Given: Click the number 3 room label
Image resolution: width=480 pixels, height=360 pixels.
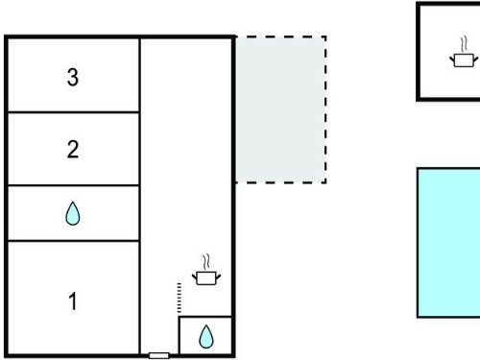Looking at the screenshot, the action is point(73,78).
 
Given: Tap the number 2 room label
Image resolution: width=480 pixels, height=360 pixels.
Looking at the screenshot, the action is point(73,150).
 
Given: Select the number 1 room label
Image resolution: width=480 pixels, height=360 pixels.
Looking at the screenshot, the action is point(73,301).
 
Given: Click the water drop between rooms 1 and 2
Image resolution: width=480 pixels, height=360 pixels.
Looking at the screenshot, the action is point(73,213).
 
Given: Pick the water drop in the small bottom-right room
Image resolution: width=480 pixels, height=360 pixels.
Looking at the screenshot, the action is point(206,337).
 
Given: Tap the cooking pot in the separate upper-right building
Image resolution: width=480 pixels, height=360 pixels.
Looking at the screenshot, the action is point(464,60).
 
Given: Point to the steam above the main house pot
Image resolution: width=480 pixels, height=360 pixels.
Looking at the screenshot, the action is point(206,261).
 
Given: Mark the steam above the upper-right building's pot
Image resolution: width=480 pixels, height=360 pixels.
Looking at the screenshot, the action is point(465,44).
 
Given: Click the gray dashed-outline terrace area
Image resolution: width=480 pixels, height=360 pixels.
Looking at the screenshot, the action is point(281,109).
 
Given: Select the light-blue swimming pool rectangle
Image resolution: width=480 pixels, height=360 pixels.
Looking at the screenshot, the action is point(448,243).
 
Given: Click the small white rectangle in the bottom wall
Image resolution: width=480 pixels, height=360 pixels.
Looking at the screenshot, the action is point(159,355).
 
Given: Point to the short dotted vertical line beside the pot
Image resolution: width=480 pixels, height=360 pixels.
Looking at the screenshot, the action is point(180,298).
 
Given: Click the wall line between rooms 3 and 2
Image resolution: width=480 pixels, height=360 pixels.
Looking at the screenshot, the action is point(73,112).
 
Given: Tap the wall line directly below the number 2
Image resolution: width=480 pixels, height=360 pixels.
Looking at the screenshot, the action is point(73,185).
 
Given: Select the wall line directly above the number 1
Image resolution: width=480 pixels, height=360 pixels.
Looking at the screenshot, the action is point(73,240).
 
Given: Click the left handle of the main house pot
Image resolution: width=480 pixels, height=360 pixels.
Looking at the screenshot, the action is point(195,276).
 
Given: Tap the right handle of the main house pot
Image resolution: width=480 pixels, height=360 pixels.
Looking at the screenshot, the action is point(218,276).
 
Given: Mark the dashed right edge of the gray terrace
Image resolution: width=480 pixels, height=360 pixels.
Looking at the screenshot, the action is point(325,109).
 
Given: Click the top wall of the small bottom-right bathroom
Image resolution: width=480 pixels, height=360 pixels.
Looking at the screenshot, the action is point(205,317).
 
